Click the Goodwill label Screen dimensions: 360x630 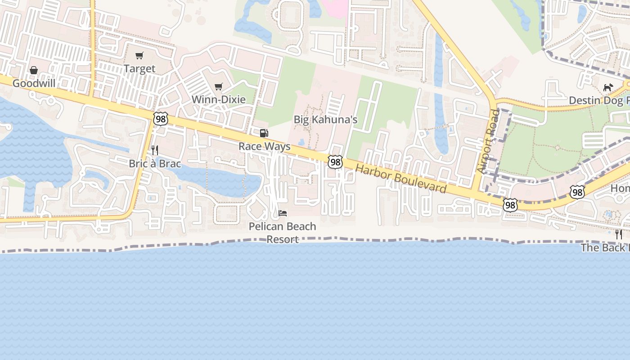[34, 83]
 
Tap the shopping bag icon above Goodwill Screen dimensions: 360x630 [34, 70]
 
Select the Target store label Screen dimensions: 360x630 [139, 69]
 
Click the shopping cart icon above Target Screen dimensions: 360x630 [139, 56]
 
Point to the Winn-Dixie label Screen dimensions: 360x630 [219, 99]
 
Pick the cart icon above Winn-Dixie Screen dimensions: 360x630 [219, 86]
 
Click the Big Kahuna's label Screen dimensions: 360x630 [325, 119]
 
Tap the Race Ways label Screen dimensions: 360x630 [264, 146]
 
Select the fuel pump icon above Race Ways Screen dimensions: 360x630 [264, 133]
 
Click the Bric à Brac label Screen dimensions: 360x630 [155, 163]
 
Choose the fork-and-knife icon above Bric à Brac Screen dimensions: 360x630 [155, 150]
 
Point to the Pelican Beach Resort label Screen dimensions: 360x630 [283, 233]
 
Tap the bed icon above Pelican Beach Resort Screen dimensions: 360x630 [283, 213]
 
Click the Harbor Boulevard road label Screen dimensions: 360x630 [401, 179]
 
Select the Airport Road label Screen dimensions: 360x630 [488, 141]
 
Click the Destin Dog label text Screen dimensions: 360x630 [598, 100]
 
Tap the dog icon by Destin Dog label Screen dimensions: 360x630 [608, 87]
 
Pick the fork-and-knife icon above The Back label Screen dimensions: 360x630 [619, 234]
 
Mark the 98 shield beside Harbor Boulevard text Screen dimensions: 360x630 [335, 162]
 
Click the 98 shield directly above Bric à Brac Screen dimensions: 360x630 [160, 119]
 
